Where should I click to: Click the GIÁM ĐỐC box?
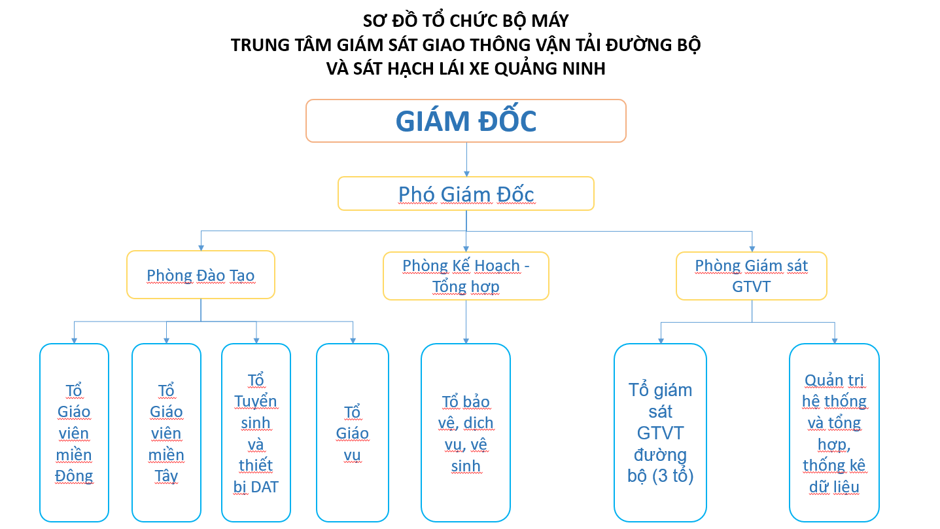tap(466, 121)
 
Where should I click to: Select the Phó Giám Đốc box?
tap(466, 194)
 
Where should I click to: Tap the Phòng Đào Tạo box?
tap(200, 275)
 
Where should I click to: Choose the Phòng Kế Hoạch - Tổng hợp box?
tap(466, 276)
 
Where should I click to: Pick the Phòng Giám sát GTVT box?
tap(751, 276)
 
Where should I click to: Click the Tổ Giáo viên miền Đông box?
tap(74, 432)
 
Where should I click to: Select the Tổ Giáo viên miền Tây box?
tap(166, 432)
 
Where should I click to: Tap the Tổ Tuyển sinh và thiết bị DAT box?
tap(256, 432)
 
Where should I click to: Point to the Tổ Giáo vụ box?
tap(353, 432)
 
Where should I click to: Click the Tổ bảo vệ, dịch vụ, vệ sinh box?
tap(466, 432)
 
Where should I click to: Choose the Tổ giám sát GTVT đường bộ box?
tap(660, 432)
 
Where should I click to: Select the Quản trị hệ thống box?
tap(834, 432)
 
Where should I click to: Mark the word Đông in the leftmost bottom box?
tap(74, 476)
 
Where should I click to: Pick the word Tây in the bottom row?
tap(166, 476)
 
